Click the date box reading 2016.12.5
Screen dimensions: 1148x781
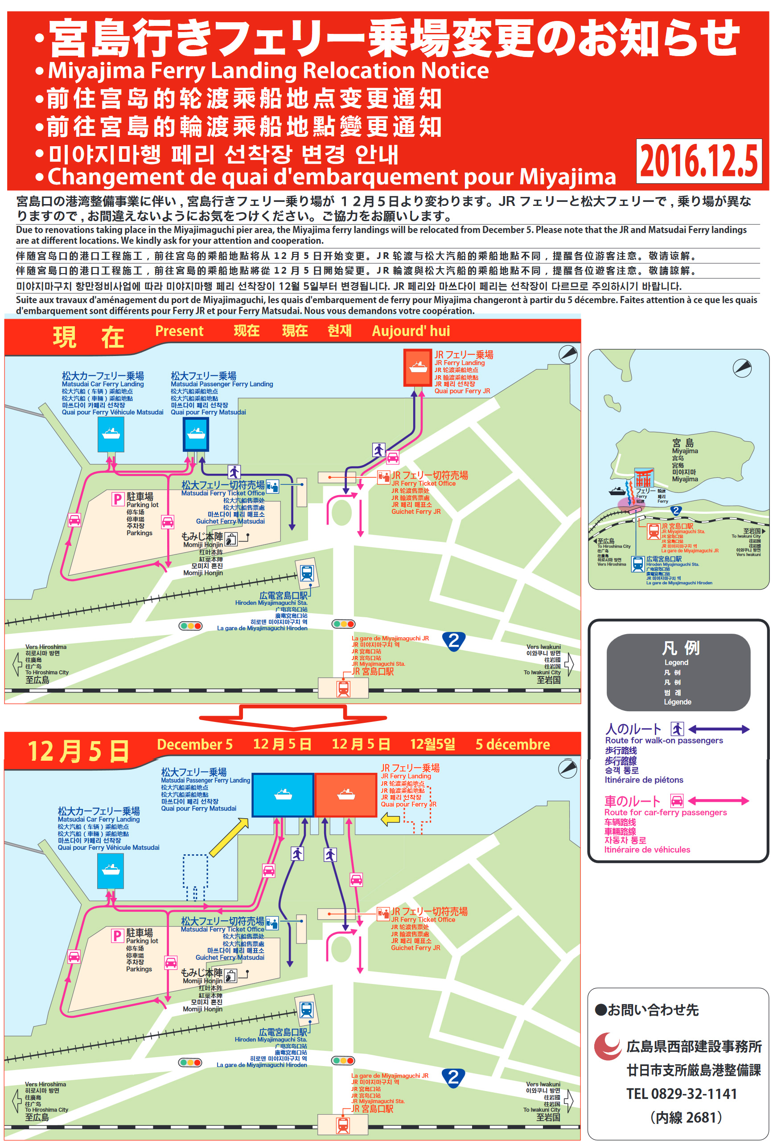pyautogui.click(x=698, y=161)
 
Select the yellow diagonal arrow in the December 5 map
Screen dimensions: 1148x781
pyautogui.click(x=229, y=836)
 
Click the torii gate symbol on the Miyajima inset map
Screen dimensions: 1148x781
pyautogui.click(x=643, y=478)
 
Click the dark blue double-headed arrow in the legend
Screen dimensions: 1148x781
pyautogui.click(x=718, y=729)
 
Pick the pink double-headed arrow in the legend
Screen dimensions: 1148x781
pyautogui.click(x=718, y=801)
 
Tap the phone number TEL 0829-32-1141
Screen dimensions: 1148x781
pyautogui.click(x=682, y=1094)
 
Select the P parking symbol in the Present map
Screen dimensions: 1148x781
pyautogui.click(x=118, y=499)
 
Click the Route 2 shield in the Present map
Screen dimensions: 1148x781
pyautogui.click(x=453, y=641)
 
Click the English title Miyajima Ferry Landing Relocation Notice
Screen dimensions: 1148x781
pyautogui.click(x=268, y=71)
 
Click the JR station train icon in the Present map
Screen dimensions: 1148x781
pyautogui.click(x=343, y=688)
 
